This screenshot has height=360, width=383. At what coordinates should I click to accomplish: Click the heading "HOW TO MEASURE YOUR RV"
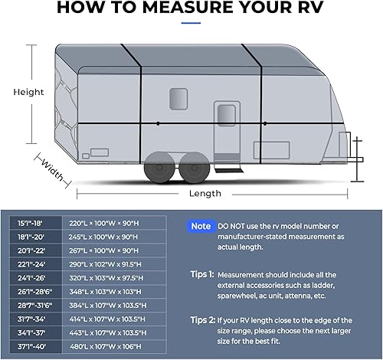pyautogui.click(x=191, y=8)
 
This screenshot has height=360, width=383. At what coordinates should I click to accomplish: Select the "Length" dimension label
pyautogui.click(x=205, y=193)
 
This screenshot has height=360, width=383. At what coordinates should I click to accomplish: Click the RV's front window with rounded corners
pyautogui.click(x=178, y=98)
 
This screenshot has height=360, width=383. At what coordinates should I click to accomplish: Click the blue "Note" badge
pyautogui.click(x=201, y=226)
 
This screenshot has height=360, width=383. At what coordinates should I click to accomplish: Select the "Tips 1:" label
pyautogui.click(x=201, y=273)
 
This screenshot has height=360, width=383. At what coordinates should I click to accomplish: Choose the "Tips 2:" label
pyautogui.click(x=201, y=319)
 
